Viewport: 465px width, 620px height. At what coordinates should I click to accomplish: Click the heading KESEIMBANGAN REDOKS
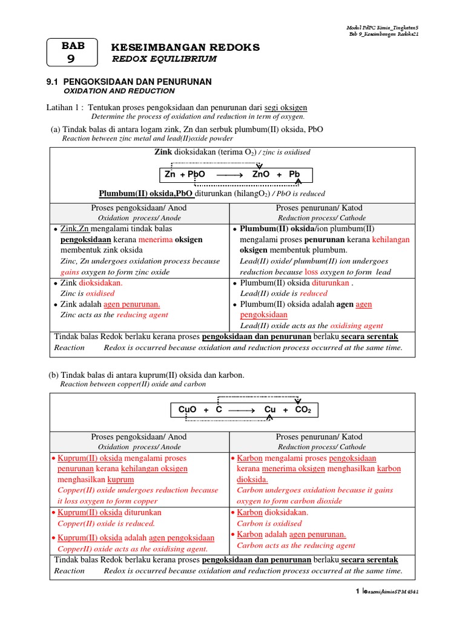pos(177,47)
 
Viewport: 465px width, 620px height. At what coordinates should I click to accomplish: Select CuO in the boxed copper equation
pos(188,410)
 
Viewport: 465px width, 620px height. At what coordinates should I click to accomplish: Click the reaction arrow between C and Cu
pos(240,410)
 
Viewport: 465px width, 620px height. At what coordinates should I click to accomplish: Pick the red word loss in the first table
pos(311,272)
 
